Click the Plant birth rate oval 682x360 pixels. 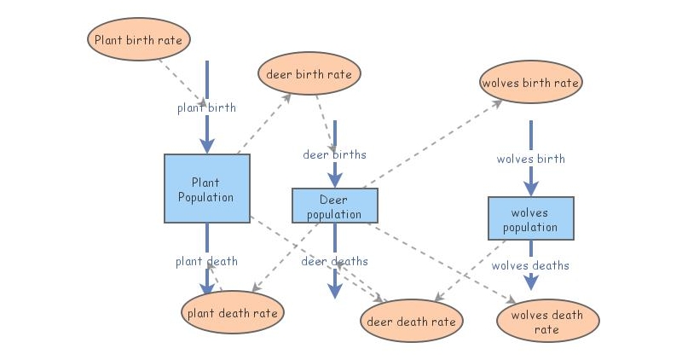[x=139, y=39]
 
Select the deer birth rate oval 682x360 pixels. [x=309, y=73]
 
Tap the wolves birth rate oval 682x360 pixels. [x=530, y=82]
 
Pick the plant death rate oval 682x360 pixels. [x=232, y=312]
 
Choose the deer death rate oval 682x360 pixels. [x=412, y=321]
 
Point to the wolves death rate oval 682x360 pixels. [x=547, y=321]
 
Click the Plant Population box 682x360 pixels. [x=207, y=189]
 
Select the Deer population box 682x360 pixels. [x=335, y=206]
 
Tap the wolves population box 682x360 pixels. [x=530, y=218]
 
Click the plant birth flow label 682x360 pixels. [x=206, y=107]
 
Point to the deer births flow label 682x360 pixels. [x=334, y=154]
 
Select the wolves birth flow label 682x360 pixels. [x=530, y=159]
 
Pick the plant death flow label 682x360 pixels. [x=206, y=261]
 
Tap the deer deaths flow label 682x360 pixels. [x=334, y=261]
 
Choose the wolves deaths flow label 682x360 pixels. [x=530, y=265]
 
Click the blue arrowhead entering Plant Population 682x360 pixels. [x=207, y=146]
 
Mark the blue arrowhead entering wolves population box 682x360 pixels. [x=530, y=189]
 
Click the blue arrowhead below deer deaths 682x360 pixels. [x=335, y=291]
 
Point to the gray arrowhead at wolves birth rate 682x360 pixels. [x=497, y=103]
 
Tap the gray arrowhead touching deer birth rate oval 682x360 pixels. [x=286, y=98]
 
